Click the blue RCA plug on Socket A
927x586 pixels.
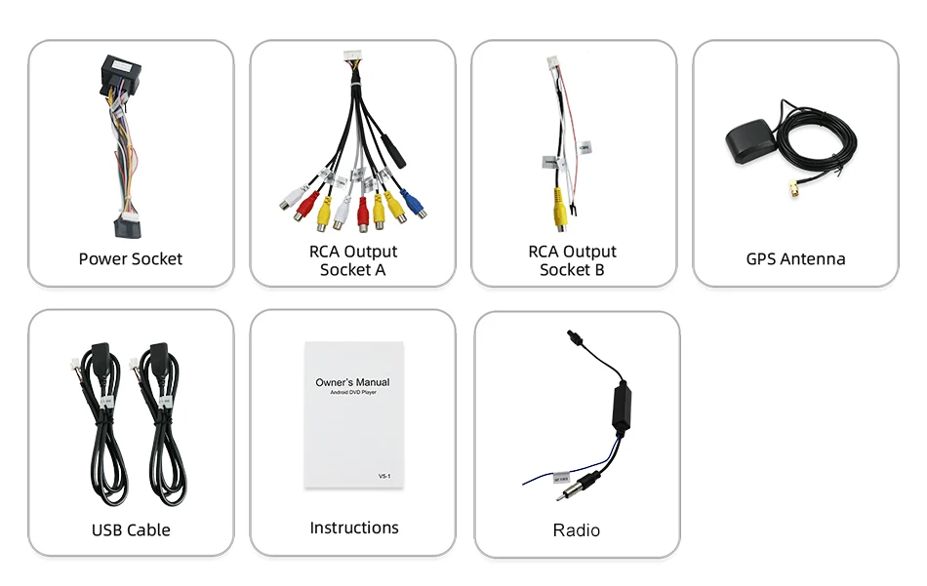pos(412,205)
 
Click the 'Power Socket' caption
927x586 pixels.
pos(131,258)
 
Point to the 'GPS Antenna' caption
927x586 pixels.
pos(795,258)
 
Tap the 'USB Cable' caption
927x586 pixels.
pos(131,529)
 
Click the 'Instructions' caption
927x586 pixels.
pos(354,527)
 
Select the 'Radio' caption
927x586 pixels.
pos(576,530)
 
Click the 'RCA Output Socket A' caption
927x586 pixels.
pos(352,260)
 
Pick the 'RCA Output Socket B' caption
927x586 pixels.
pos(572,260)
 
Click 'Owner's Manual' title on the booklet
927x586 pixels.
pos(352,382)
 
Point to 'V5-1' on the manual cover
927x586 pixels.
pos(384,476)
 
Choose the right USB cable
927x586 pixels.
pos(159,429)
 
